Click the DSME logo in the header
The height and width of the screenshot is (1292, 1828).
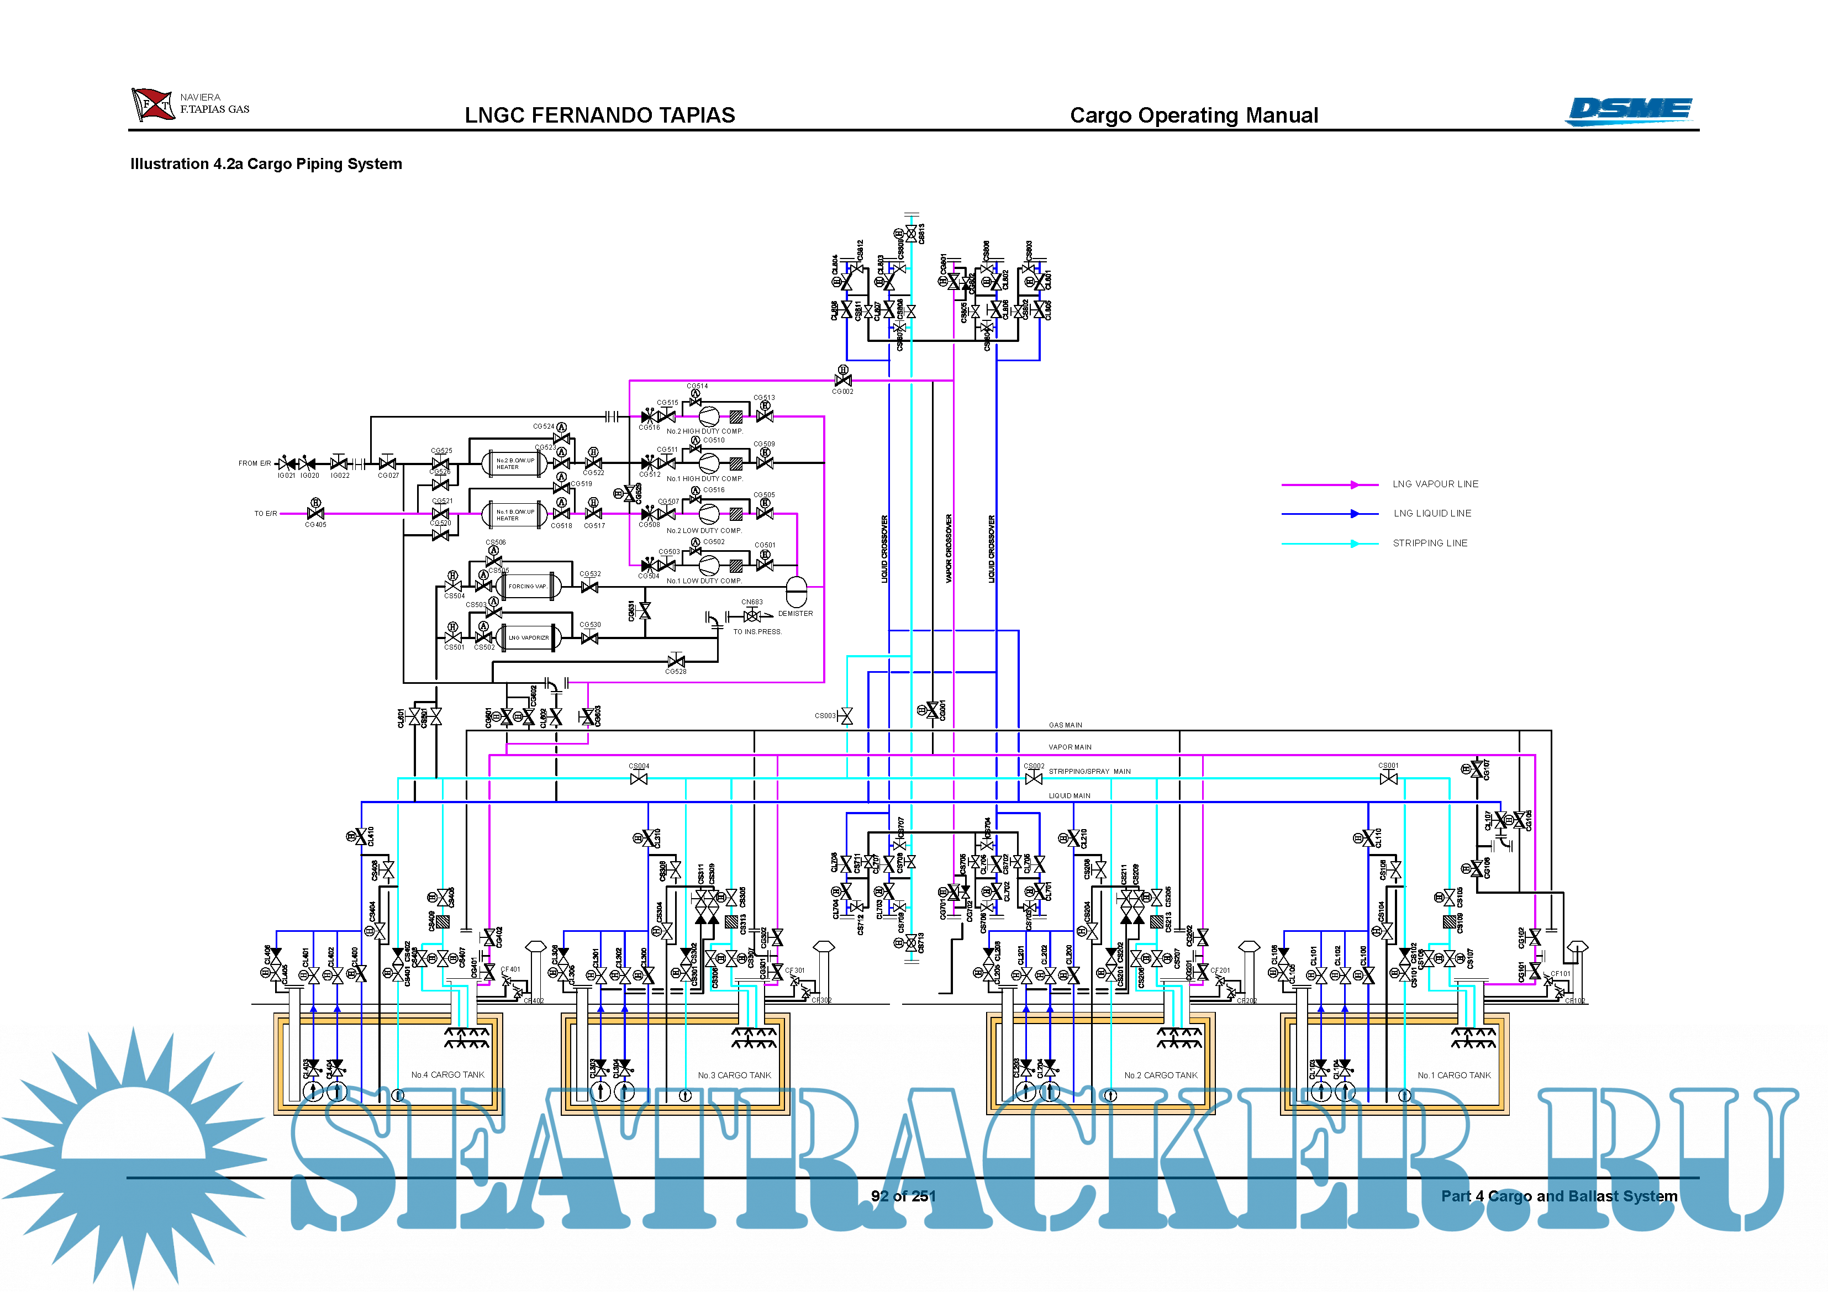pyautogui.click(x=1629, y=110)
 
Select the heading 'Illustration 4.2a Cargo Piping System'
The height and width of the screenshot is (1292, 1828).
pyautogui.click(x=266, y=164)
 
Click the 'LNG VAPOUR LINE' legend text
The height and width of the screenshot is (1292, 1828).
pyautogui.click(x=1435, y=484)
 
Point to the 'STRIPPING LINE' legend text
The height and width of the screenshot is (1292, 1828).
pyautogui.click(x=1429, y=544)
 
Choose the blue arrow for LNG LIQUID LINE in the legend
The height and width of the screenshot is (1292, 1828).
pyautogui.click(x=1354, y=514)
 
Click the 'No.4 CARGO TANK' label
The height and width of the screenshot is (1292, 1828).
pyautogui.click(x=447, y=1075)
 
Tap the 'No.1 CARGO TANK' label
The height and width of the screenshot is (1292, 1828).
pyautogui.click(x=1454, y=1075)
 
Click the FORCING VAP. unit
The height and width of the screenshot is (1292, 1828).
pyautogui.click(x=528, y=587)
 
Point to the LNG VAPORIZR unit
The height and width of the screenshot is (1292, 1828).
pyautogui.click(x=528, y=637)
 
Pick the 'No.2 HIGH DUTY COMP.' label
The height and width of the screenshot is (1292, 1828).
pyautogui.click(x=704, y=431)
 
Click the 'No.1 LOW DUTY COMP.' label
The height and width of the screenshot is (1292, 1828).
pyautogui.click(x=704, y=581)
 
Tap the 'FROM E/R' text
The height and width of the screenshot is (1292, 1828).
pyautogui.click(x=254, y=463)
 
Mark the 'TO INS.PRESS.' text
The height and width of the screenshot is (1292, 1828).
pyautogui.click(x=757, y=632)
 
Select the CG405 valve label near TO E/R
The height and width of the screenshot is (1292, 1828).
pyautogui.click(x=315, y=525)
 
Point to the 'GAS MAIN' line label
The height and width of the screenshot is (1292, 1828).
pyautogui.click(x=1065, y=725)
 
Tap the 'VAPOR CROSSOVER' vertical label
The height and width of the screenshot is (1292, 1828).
pyautogui.click(x=948, y=549)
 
